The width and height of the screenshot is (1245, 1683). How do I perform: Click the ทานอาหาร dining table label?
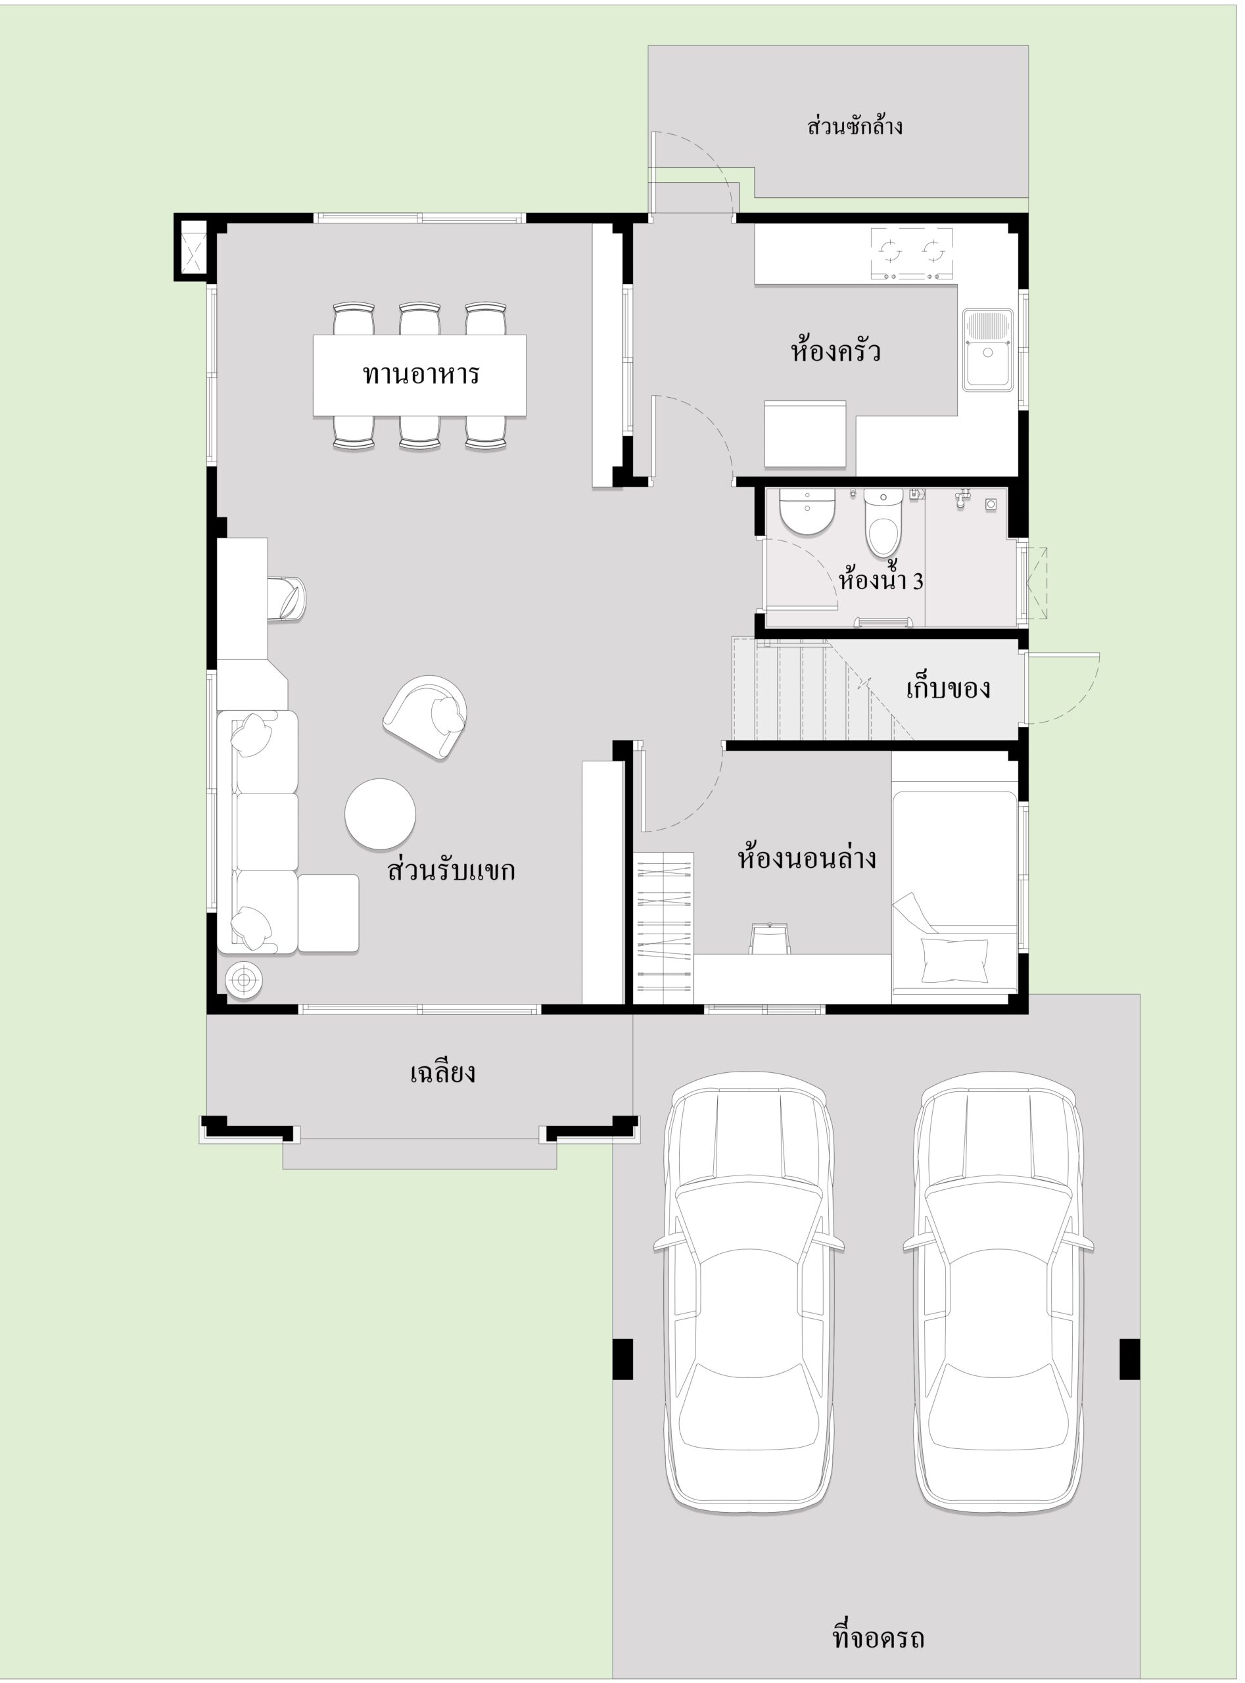pos(421,375)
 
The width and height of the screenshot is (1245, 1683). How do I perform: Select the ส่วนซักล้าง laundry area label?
pos(855,125)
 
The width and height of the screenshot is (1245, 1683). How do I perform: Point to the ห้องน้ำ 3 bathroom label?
pos(880,580)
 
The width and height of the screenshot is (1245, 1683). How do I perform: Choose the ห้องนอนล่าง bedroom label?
pos(807,859)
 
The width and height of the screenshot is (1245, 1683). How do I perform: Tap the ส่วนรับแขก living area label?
pos(451,870)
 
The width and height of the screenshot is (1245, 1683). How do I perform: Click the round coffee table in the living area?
pos(380,814)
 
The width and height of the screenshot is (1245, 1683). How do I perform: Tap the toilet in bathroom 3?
pos(883,521)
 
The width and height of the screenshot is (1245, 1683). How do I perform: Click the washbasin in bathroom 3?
pos(807,511)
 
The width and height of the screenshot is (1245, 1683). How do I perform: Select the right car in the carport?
pos(998,1293)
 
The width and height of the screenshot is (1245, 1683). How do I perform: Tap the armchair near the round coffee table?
pos(426,717)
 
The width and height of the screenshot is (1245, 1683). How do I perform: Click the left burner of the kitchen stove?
pos(890,250)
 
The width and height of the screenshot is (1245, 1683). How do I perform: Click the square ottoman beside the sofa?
pos(328,913)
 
